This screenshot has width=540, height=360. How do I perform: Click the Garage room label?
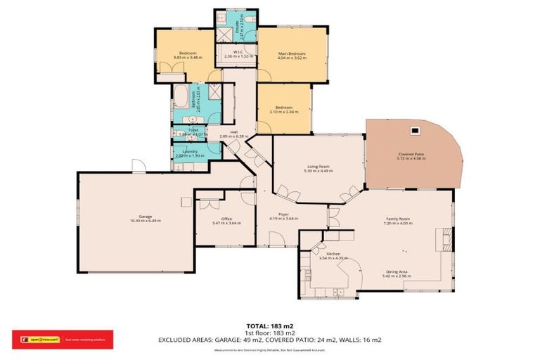pos(145,218)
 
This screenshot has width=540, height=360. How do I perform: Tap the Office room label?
pos(226,219)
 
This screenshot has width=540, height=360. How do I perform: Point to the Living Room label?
pos(317,167)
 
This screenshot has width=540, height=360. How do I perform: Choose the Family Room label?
pos(398,219)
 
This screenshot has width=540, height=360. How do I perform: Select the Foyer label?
pos(283,215)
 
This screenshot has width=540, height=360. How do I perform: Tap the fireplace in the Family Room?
pos(446,239)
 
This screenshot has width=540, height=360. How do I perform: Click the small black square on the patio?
pos(415,129)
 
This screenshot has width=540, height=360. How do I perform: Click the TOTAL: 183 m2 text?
pos(269,326)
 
